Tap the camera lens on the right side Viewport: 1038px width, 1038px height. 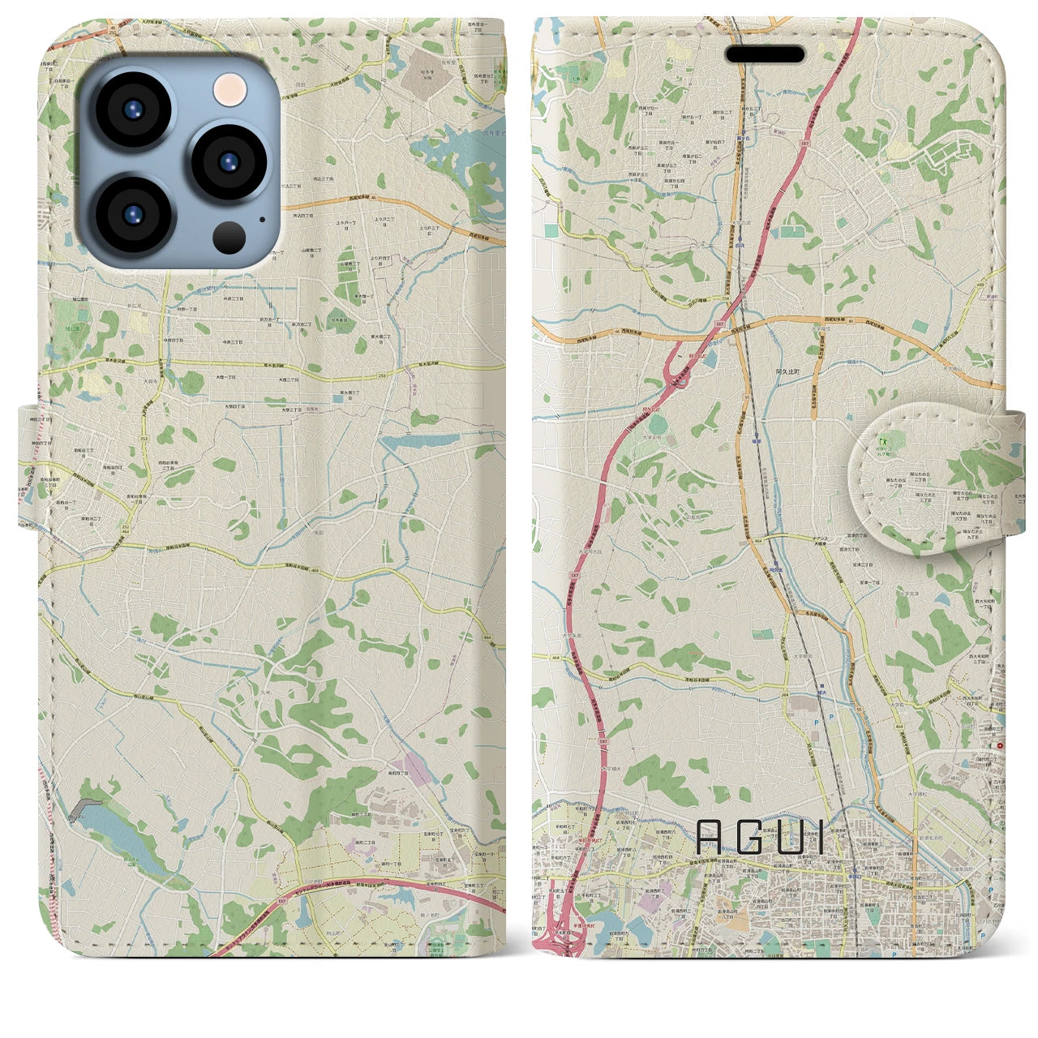[229, 161]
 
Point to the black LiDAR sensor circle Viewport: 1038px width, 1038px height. [230, 236]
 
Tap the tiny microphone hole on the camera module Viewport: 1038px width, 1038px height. [261, 217]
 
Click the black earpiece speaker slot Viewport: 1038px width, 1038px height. [764, 54]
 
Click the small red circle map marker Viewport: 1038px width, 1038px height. [1001, 745]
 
